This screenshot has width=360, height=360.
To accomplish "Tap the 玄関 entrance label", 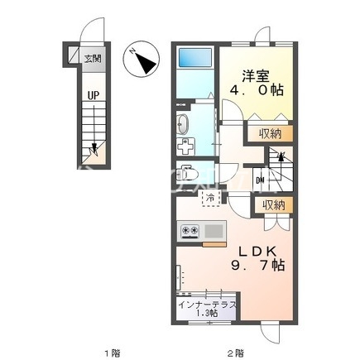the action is pos(93,59).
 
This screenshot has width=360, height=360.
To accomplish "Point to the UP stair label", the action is pos(94,95).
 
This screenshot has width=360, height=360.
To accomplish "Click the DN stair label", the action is pos(260,180).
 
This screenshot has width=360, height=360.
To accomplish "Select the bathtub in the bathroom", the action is pos(195,57).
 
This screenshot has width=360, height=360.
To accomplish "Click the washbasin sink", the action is pos(183,124).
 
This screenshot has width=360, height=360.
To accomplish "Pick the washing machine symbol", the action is pos(185,146).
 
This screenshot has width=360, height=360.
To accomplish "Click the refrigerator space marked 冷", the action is pos(211,198).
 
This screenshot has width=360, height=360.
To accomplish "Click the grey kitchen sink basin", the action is pos(214,231).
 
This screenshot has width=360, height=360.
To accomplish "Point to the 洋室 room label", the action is pos(256,76).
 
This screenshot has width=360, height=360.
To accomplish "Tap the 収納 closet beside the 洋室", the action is pos(270,134).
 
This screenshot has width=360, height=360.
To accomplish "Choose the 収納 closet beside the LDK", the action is pos(273,205).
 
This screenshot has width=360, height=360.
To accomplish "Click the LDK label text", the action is pos(257,252).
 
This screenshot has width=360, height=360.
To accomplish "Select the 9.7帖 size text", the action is pos(257,266).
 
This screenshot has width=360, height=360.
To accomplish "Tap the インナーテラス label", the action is pos(207,305).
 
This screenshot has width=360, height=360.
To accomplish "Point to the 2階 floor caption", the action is pos(235,353).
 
